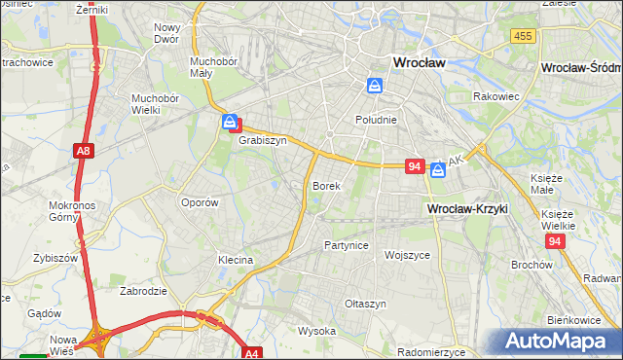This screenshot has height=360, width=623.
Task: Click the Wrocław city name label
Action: pyautogui.click(x=419, y=61)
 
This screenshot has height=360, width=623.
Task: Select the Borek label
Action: pyautogui.click(x=325, y=185)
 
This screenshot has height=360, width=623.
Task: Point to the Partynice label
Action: pyautogui.click(x=347, y=245)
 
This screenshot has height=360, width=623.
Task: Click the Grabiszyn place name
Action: pyautogui.click(x=263, y=140)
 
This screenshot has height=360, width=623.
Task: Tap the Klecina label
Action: pyautogui.click(x=236, y=260)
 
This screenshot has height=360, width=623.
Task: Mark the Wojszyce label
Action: pyautogui.click(x=407, y=255)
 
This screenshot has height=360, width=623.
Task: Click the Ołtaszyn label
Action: pyautogui.click(x=366, y=304)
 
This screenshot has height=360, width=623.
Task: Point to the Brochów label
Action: pyautogui.click(x=531, y=264)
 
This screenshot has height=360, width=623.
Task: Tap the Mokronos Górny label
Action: pyautogui.click(x=70, y=212)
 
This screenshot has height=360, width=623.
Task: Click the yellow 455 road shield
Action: pyautogui.click(x=522, y=36)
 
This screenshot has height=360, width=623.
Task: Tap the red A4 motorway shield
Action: pyautogui.click(x=252, y=354)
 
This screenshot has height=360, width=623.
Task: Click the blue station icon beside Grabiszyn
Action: pyautogui.click(x=230, y=123)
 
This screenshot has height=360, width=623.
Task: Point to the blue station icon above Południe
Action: pyautogui.click(x=374, y=86)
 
